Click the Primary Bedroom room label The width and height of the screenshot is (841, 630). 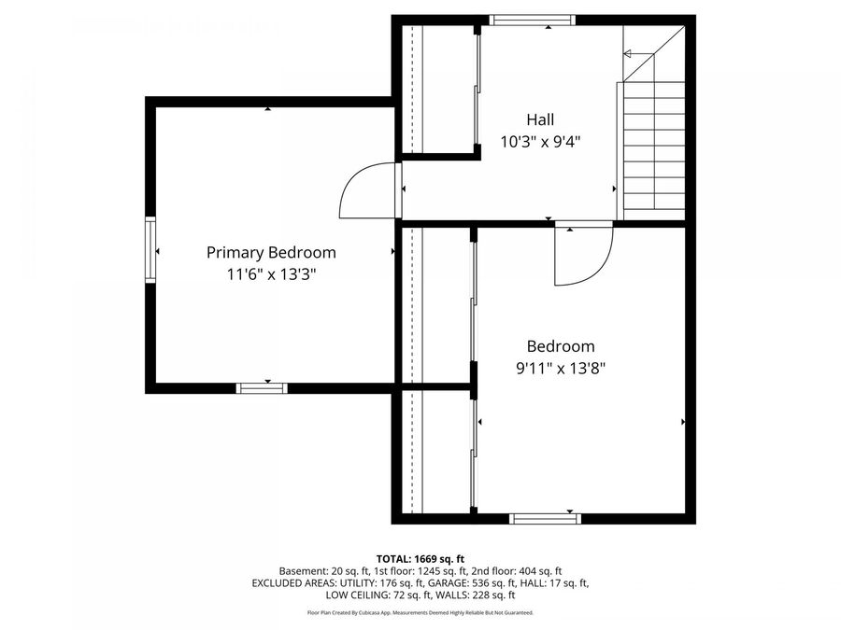tap(271, 252)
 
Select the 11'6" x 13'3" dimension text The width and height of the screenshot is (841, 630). tap(271, 274)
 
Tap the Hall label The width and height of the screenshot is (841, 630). tap(540, 119)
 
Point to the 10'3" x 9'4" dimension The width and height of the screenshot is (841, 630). tap(547, 142)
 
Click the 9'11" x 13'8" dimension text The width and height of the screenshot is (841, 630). tap(561, 368)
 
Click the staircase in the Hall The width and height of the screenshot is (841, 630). tap(653, 145)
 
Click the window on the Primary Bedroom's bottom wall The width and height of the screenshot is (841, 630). tap(262, 388)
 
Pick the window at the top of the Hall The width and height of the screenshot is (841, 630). tap(533, 20)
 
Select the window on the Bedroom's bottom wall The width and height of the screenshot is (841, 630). tap(545, 518)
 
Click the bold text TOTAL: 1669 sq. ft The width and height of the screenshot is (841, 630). tap(420, 557)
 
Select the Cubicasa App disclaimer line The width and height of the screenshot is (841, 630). tap(420, 613)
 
